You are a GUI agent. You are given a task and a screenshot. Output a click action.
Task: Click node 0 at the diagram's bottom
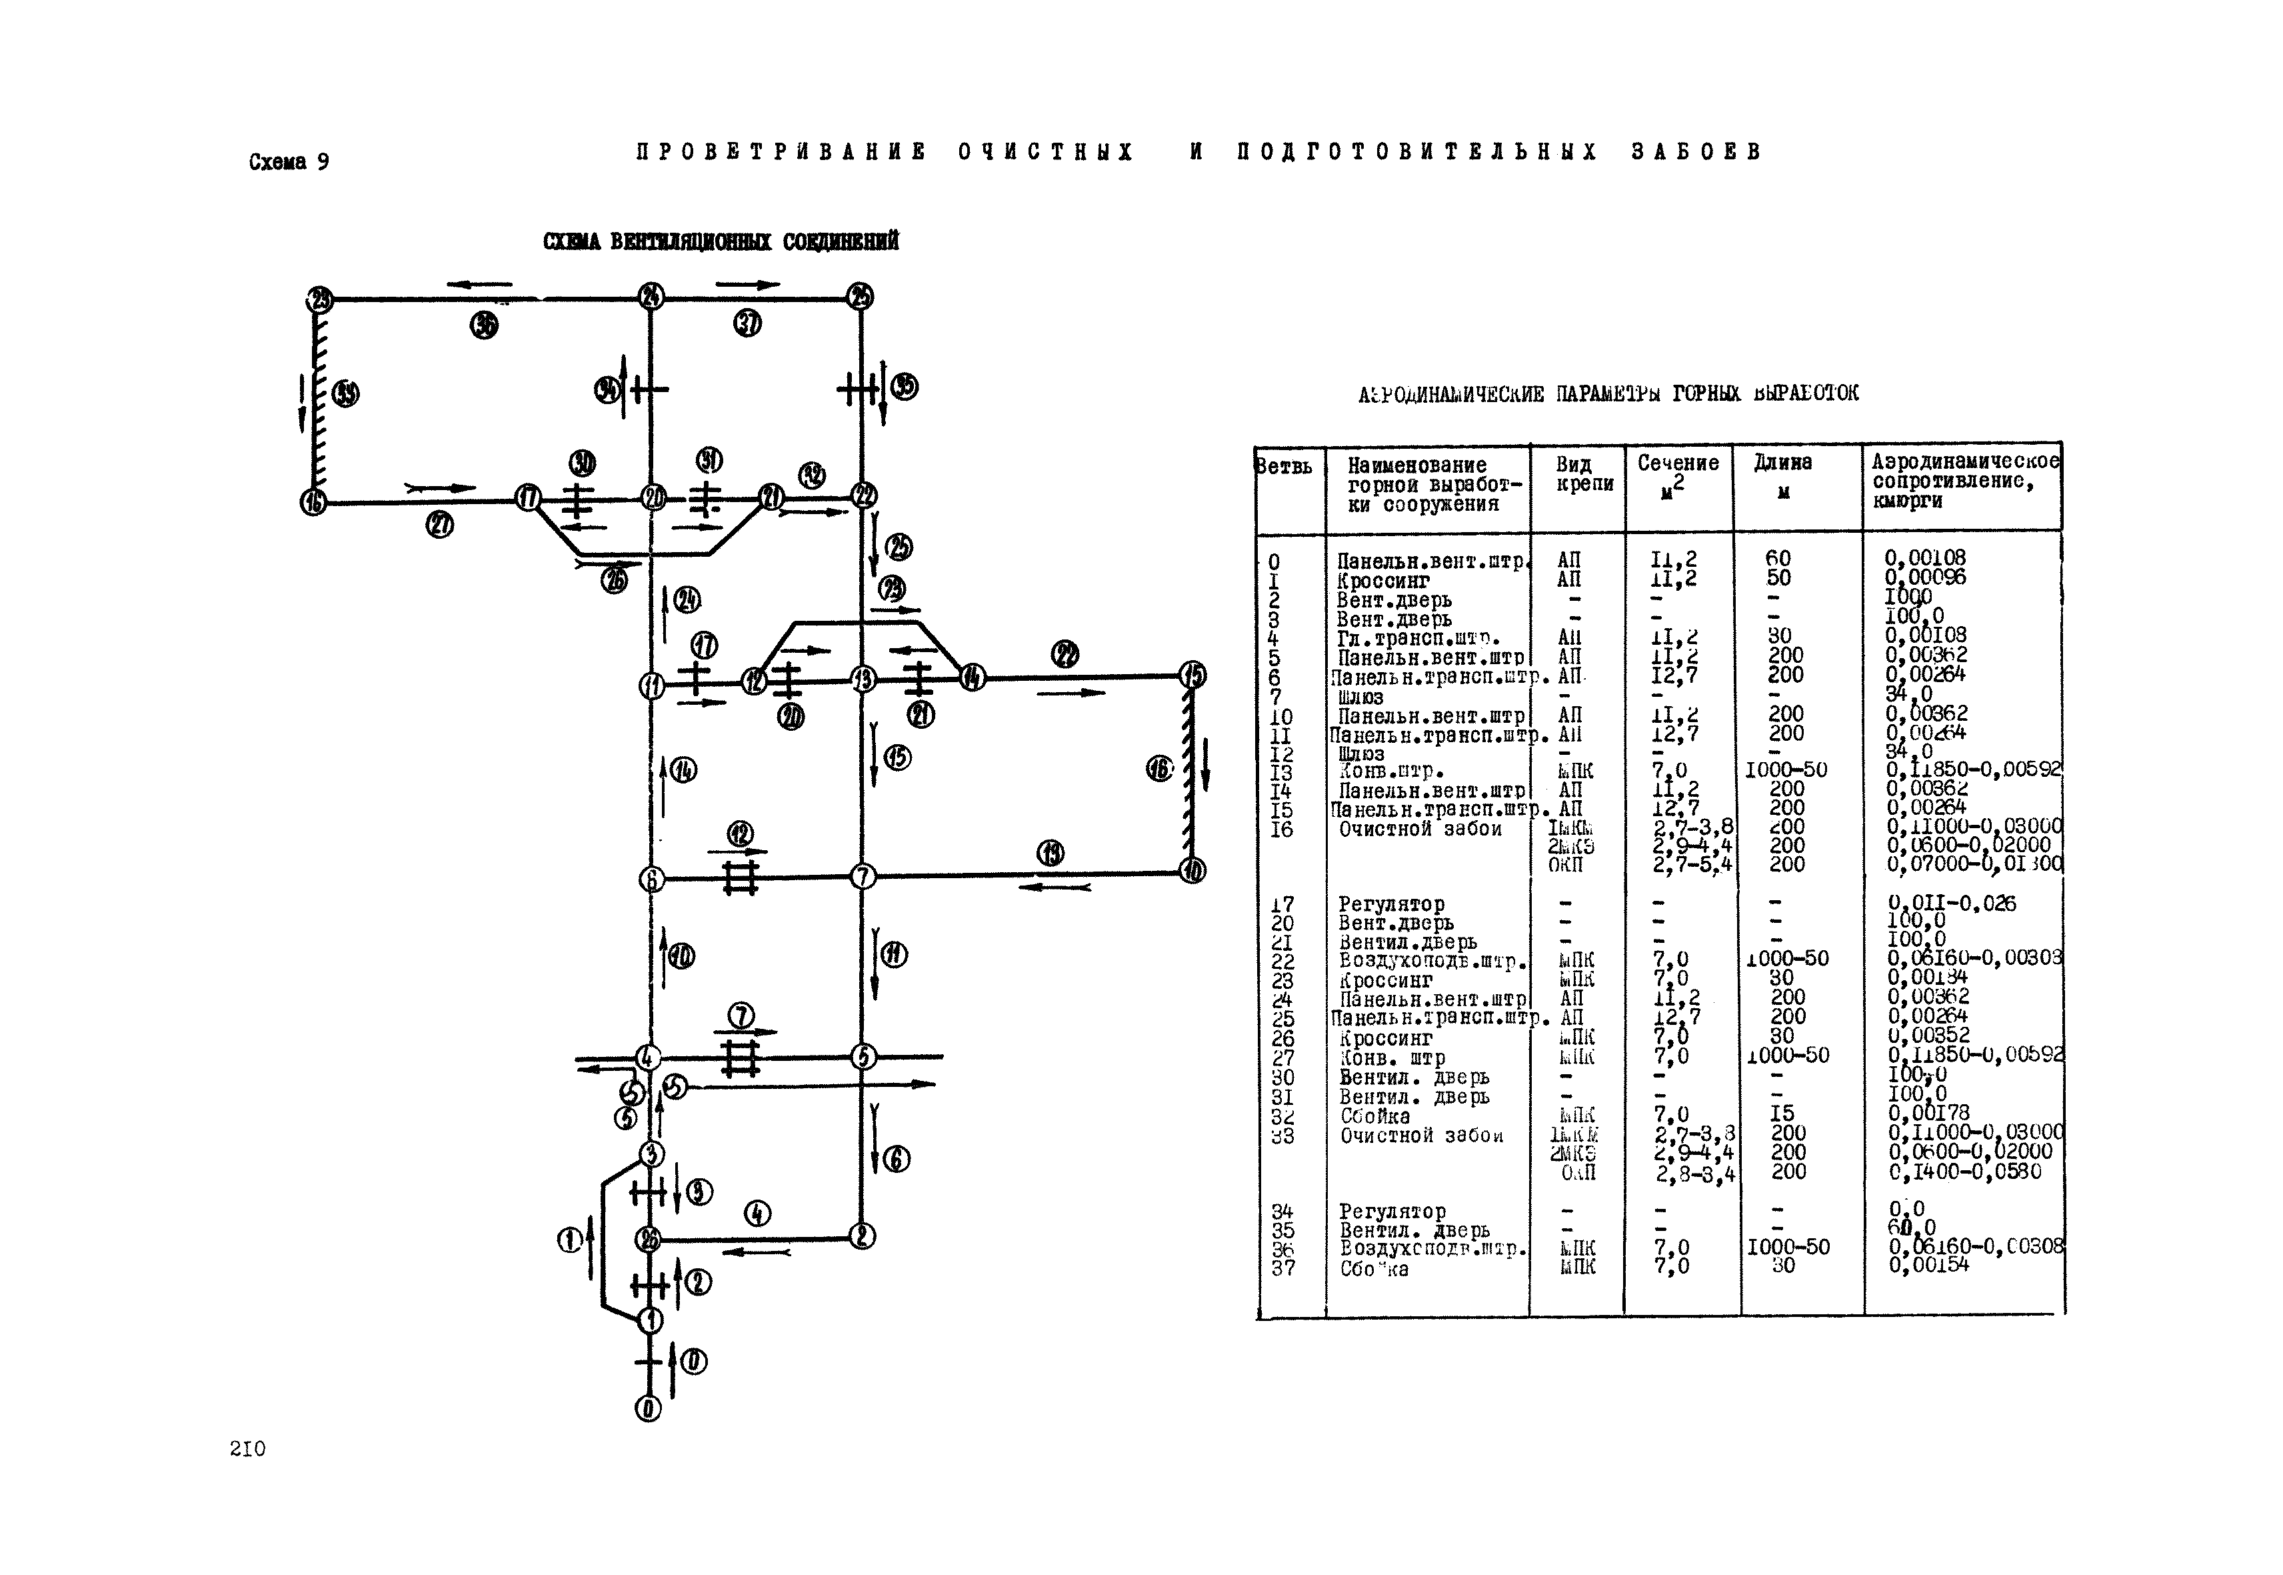(x=648, y=1409)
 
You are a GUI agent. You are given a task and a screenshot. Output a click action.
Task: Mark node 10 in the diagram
(x=1192, y=870)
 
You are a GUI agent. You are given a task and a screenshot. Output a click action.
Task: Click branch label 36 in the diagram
(x=483, y=325)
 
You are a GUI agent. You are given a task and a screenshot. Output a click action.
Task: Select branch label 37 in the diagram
(x=748, y=323)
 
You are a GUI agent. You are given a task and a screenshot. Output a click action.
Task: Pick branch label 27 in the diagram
(x=439, y=526)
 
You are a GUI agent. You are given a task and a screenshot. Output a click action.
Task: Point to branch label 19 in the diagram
(x=1051, y=853)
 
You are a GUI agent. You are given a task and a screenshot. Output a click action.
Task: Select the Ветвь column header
(x=1284, y=466)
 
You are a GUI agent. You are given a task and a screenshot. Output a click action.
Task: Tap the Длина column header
(x=1783, y=475)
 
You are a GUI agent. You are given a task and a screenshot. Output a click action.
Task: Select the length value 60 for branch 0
(x=1778, y=559)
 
